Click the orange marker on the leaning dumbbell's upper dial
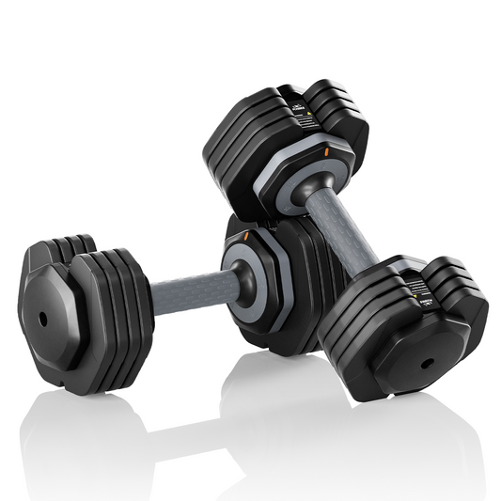click(x=326, y=151)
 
